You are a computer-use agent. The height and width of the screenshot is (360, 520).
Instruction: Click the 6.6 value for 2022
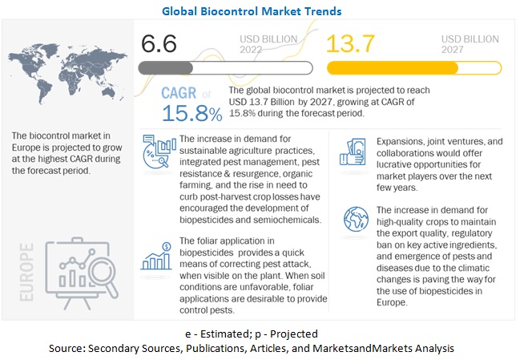159,43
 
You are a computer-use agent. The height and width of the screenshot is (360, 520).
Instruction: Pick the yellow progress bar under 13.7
413,67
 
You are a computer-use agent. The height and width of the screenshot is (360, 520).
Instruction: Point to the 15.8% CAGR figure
192,113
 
